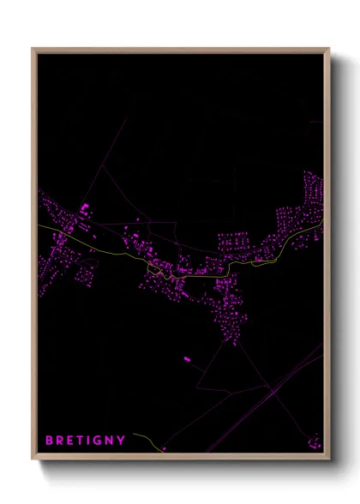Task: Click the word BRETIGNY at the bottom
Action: click(x=85, y=441)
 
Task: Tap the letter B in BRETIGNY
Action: click(x=49, y=441)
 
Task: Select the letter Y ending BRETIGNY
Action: click(x=122, y=441)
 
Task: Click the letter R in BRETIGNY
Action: click(x=59, y=441)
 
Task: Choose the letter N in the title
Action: click(x=110, y=441)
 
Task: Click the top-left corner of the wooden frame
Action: click(x=33, y=49)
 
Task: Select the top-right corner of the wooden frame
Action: click(x=329, y=49)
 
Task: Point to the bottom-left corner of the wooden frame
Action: click(x=33, y=460)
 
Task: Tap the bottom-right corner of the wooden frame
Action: click(x=329, y=460)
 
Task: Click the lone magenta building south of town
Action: click(x=186, y=358)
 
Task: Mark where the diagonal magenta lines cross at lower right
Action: click(x=273, y=391)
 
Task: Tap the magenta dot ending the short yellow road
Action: click(x=162, y=448)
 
